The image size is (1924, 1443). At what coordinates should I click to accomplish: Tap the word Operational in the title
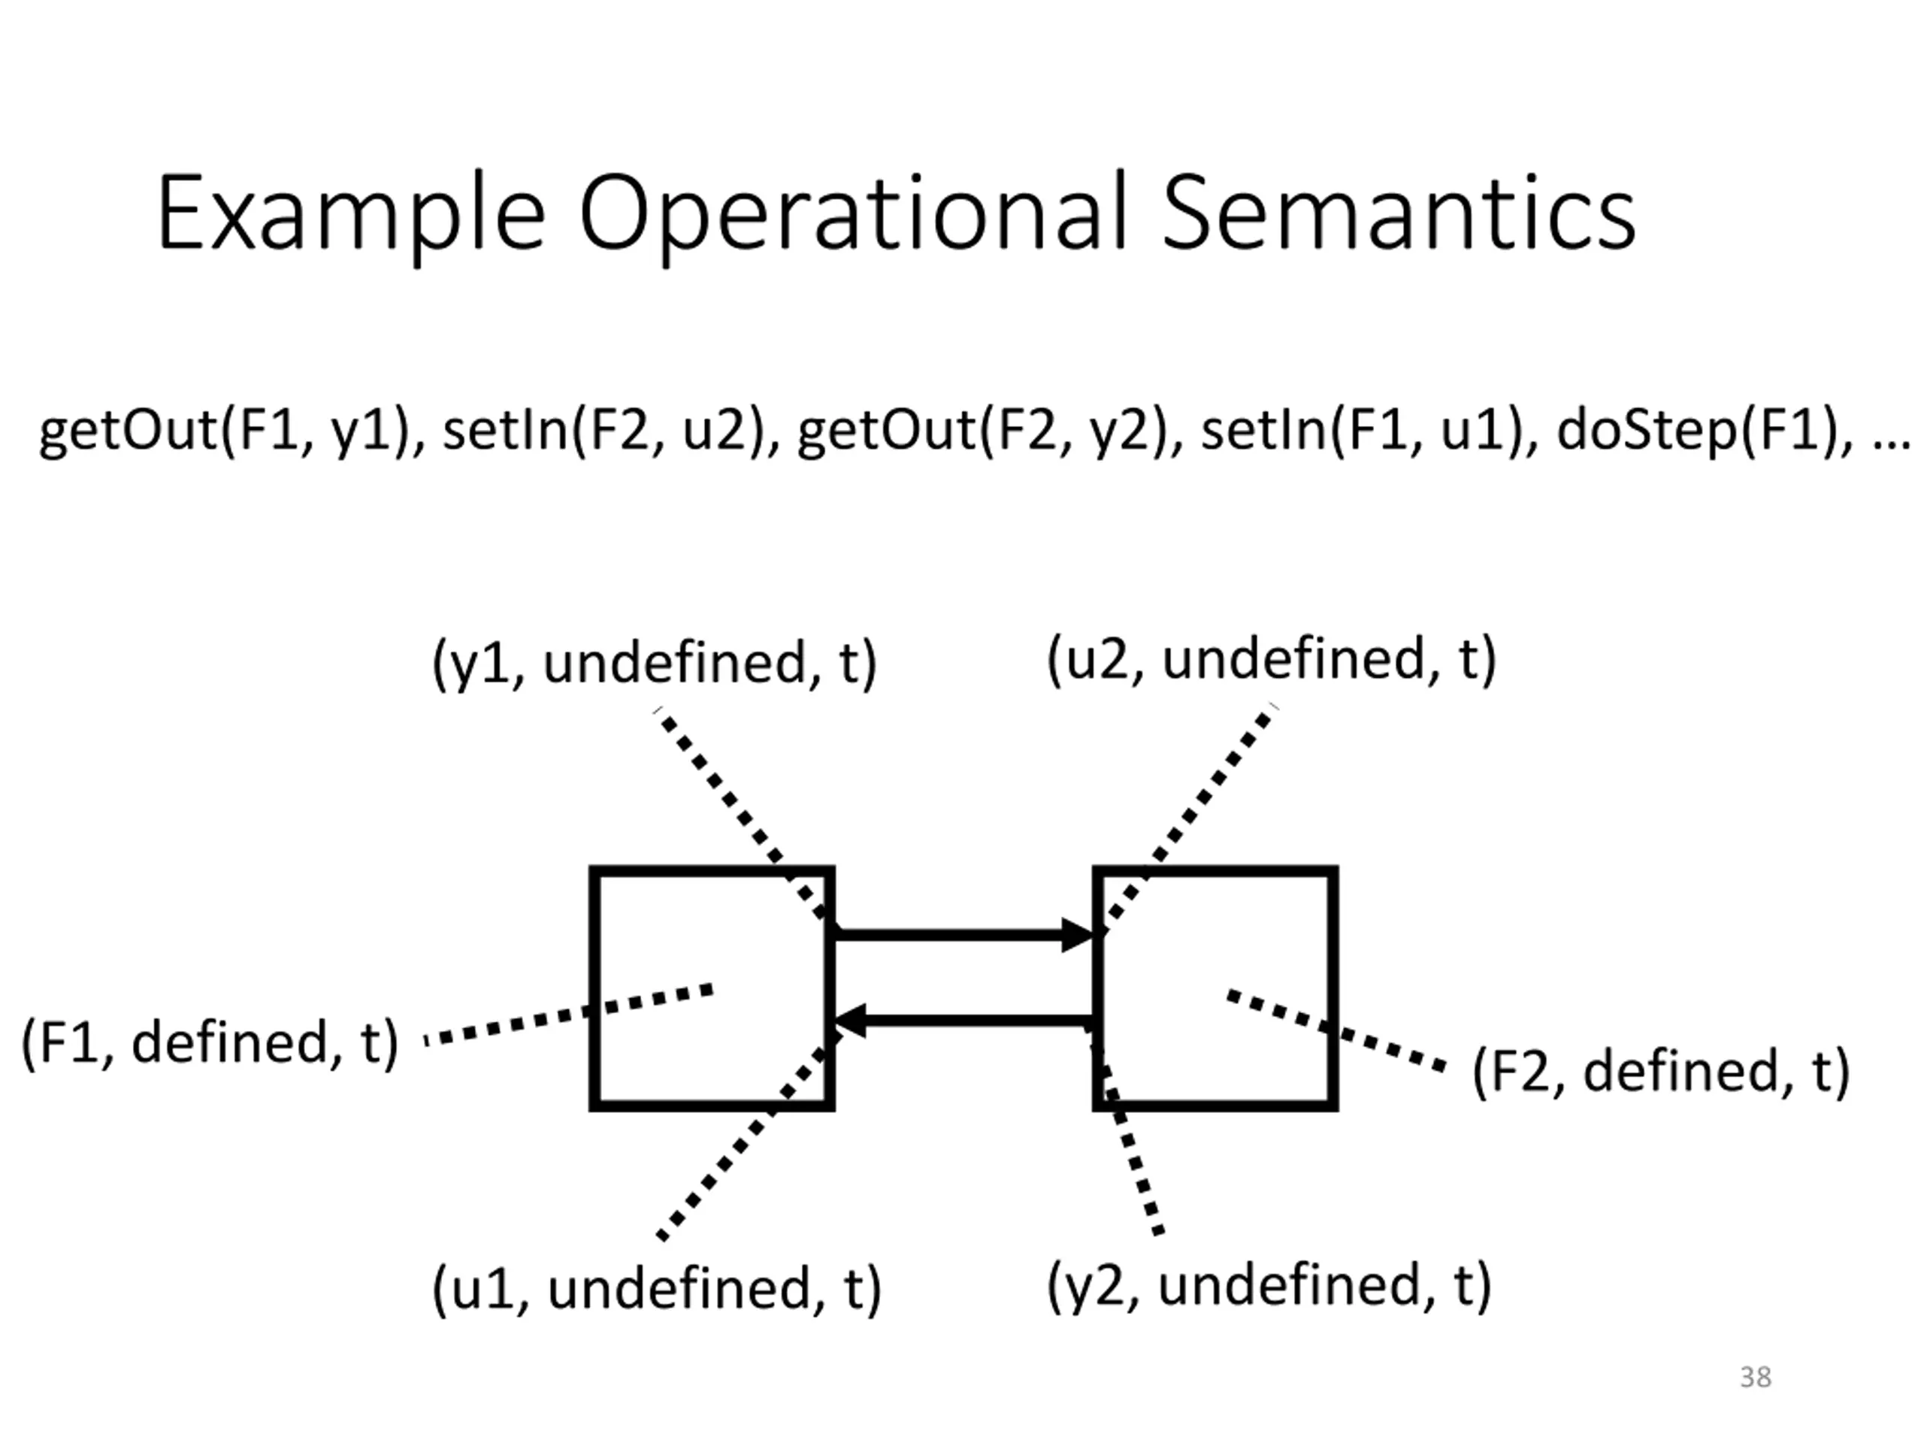coord(853,217)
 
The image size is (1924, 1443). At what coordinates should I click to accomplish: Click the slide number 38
coord(1755,1377)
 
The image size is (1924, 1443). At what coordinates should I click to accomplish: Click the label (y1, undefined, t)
coord(655,663)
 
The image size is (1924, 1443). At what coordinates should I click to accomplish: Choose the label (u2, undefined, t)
coord(1272,658)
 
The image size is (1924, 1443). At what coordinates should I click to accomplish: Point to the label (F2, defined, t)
coord(1660,1071)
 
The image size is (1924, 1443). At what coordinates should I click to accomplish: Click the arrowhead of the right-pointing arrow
coord(1078,935)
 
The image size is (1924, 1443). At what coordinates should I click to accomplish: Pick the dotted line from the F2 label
coord(1336,1030)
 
